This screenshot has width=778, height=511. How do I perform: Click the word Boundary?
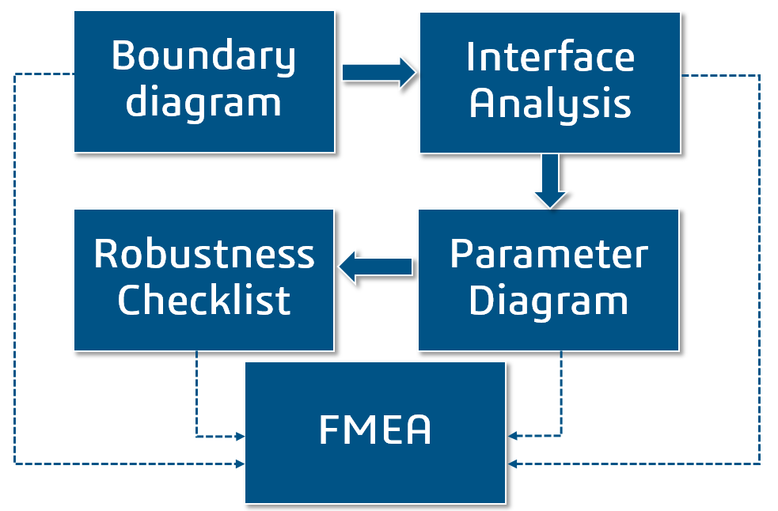pos(203,57)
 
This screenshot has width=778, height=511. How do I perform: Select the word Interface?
pos(550,57)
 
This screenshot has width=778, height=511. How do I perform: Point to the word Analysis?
pos(550,104)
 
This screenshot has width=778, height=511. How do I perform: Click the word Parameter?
pos(548,255)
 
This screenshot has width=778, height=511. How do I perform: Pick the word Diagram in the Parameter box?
pos(548,301)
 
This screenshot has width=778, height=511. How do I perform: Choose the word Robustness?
pos(204,255)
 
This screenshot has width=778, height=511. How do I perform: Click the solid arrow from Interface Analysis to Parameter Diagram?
pos(549,181)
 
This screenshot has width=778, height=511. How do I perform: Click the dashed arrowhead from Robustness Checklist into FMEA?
pos(240,436)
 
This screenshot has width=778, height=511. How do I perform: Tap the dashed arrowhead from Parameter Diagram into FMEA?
pos(512,436)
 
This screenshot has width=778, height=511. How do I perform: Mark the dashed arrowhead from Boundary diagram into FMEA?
pos(240,464)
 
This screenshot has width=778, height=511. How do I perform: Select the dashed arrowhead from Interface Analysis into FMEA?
pos(512,464)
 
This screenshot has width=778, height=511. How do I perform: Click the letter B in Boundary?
pos(121,56)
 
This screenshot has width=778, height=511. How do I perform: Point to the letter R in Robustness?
pos(104,255)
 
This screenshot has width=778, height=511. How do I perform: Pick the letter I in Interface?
pos(470,57)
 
